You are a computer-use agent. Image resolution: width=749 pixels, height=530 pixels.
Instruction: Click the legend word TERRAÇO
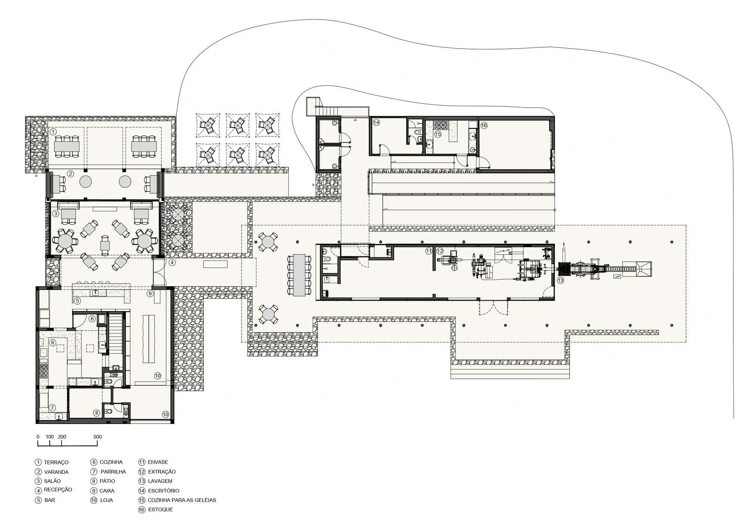[x=56, y=463]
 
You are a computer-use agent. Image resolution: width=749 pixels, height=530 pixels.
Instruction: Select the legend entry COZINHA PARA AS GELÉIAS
[x=182, y=500]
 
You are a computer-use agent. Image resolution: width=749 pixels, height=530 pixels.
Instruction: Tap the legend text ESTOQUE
[x=160, y=510]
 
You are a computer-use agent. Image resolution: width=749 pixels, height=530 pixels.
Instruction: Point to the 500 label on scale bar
[x=97, y=437]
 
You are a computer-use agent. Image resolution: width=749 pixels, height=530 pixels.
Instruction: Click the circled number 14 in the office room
[x=376, y=122]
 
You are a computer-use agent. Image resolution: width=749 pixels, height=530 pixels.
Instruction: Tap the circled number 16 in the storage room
[x=484, y=125]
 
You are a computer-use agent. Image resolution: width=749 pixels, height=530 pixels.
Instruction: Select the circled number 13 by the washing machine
[x=560, y=280]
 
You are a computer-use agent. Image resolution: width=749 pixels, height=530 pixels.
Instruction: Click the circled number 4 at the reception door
[x=172, y=262]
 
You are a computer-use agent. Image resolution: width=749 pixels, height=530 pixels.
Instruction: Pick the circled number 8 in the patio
[x=97, y=413]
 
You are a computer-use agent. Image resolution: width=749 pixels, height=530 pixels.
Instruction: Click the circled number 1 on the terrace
[x=53, y=132]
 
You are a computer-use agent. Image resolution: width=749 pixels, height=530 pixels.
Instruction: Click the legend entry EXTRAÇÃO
[x=161, y=472]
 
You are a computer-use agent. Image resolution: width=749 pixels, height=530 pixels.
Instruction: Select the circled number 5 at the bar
[x=77, y=301]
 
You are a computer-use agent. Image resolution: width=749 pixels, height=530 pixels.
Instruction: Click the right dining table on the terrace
[x=143, y=146]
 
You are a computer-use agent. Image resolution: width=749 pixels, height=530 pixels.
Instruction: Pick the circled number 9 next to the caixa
[x=150, y=293]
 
